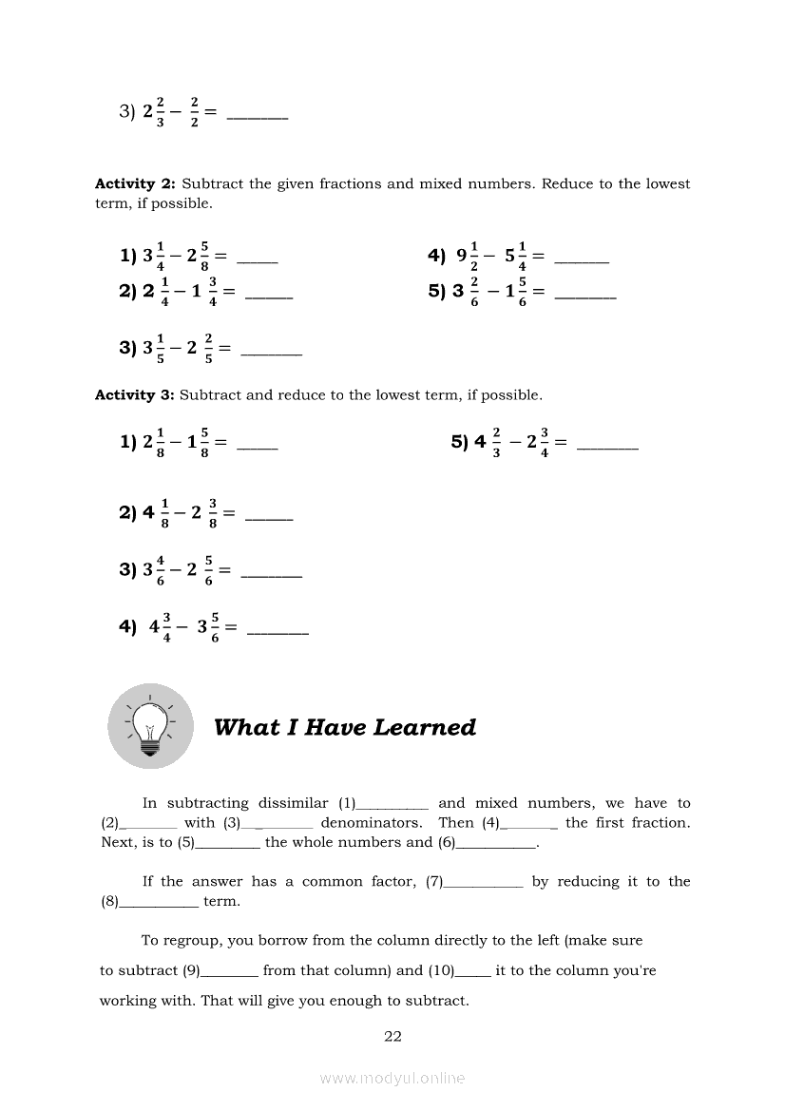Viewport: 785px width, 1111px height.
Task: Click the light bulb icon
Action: tap(150, 727)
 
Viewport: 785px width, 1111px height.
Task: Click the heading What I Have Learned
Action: tap(345, 727)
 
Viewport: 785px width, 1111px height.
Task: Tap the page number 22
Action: tap(392, 1036)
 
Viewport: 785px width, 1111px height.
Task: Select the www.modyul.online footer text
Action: tap(392, 1078)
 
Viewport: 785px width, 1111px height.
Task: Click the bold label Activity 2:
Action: tap(135, 183)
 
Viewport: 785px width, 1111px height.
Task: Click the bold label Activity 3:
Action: tap(135, 394)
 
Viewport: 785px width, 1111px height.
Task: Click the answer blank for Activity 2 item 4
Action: tap(581, 259)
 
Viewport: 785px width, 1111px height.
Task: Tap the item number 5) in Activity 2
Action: tap(437, 292)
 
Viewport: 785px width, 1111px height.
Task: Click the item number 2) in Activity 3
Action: tap(128, 512)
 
